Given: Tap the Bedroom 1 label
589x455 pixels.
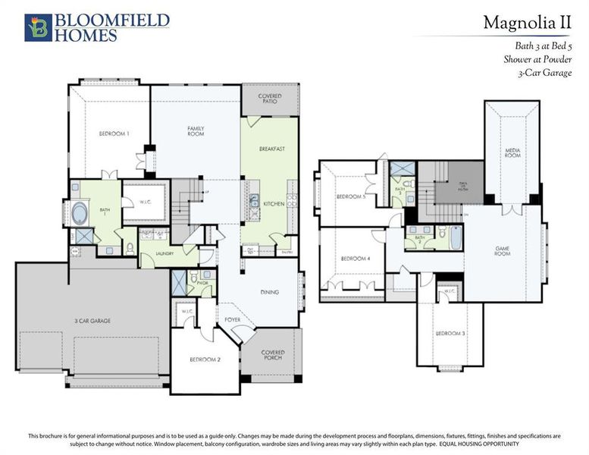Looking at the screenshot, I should pyautogui.click(x=114, y=134).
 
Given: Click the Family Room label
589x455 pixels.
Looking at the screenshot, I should pyautogui.click(x=196, y=131).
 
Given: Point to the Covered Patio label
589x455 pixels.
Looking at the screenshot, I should pyautogui.click(x=270, y=99).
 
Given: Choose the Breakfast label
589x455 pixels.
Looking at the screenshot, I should pyautogui.click(x=271, y=149).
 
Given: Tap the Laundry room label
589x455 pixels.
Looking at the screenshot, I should pyautogui.click(x=165, y=253).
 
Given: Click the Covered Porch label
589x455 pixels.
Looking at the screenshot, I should pyautogui.click(x=272, y=354).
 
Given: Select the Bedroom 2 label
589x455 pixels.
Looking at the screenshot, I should pyautogui.click(x=205, y=359).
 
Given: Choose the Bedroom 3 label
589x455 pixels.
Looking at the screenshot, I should pyautogui.click(x=450, y=334).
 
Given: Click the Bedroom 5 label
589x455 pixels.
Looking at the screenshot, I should pyautogui.click(x=351, y=196).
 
